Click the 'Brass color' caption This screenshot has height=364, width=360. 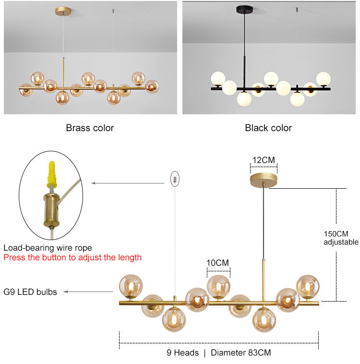tap(90, 128)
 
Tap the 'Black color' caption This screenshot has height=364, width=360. tap(268, 128)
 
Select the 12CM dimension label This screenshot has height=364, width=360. tap(264, 160)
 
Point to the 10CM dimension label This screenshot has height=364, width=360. tap(218, 263)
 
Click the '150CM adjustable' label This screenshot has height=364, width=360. tap(341, 238)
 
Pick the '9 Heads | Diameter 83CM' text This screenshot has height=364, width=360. tap(219, 353)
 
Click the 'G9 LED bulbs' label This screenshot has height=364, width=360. tap(30, 291)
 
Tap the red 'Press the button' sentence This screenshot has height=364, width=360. tap(72, 257)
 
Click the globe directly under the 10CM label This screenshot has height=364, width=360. tap(218, 287)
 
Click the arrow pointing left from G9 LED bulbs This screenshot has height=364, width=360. tap(79, 291)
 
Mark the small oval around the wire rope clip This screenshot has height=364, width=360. tap(175, 178)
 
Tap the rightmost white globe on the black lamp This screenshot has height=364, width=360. tap(324, 78)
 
